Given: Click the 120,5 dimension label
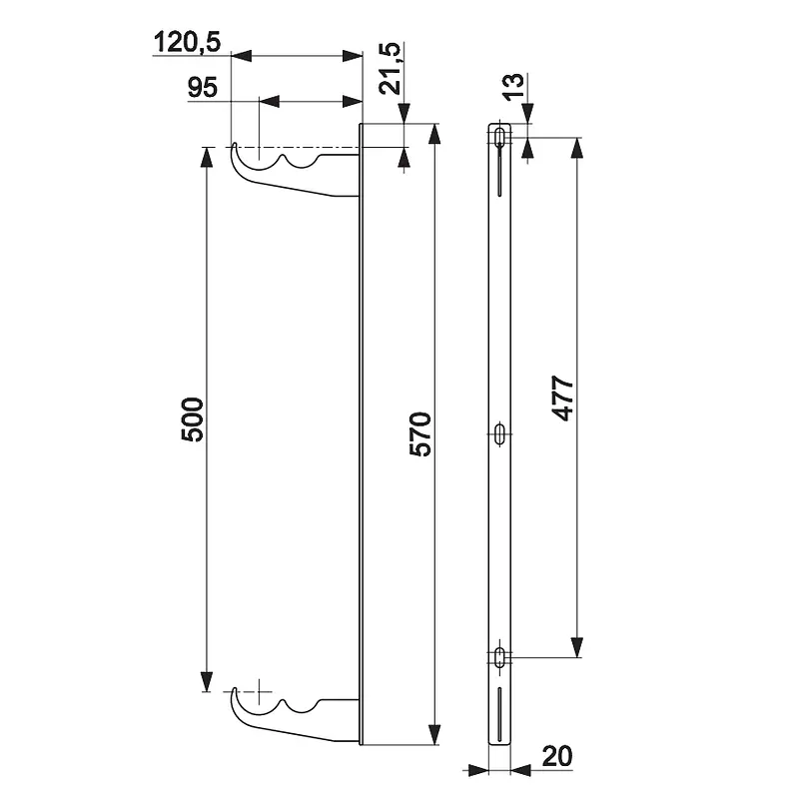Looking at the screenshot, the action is click(187, 42).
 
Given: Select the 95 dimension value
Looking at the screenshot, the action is click(203, 88).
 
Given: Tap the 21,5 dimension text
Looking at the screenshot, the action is click(391, 68).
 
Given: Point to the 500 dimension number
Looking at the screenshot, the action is click(192, 419).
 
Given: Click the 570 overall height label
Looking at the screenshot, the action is click(420, 433).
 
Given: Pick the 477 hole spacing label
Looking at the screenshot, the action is click(562, 398).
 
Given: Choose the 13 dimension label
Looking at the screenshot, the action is click(513, 86).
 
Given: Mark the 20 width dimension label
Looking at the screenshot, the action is click(557, 756).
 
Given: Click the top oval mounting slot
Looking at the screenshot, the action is click(500, 137).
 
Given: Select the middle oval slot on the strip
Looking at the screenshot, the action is click(500, 433).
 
